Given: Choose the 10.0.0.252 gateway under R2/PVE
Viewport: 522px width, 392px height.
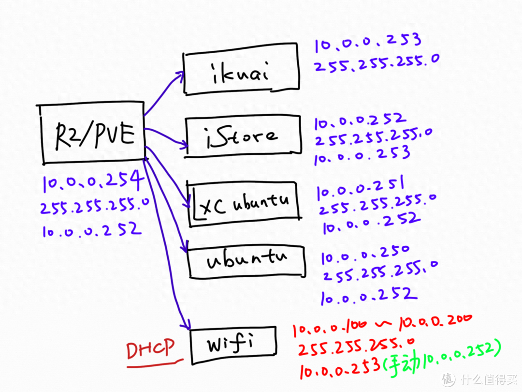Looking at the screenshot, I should [91, 229].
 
